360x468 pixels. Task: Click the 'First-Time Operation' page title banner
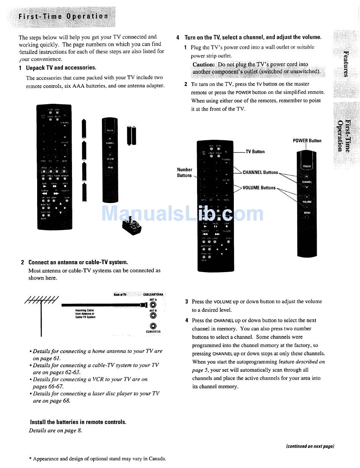tap(63, 16)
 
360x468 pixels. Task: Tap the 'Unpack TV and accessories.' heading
tap(61, 68)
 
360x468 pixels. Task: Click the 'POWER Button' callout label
tap(307, 141)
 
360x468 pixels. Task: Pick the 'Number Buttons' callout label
tap(185, 172)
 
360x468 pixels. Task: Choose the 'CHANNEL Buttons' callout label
tap(260, 172)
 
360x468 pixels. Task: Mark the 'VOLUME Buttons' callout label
tap(259, 188)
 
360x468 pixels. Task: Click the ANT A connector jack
tap(153, 304)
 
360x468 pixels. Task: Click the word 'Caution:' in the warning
tap(204, 65)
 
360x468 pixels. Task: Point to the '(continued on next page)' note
tap(310, 446)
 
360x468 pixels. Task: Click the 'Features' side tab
tap(346, 63)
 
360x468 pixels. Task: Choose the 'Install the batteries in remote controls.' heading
tap(78, 422)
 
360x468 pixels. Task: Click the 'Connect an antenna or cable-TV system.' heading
tap(78, 262)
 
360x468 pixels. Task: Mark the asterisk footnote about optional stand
tap(98, 459)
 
